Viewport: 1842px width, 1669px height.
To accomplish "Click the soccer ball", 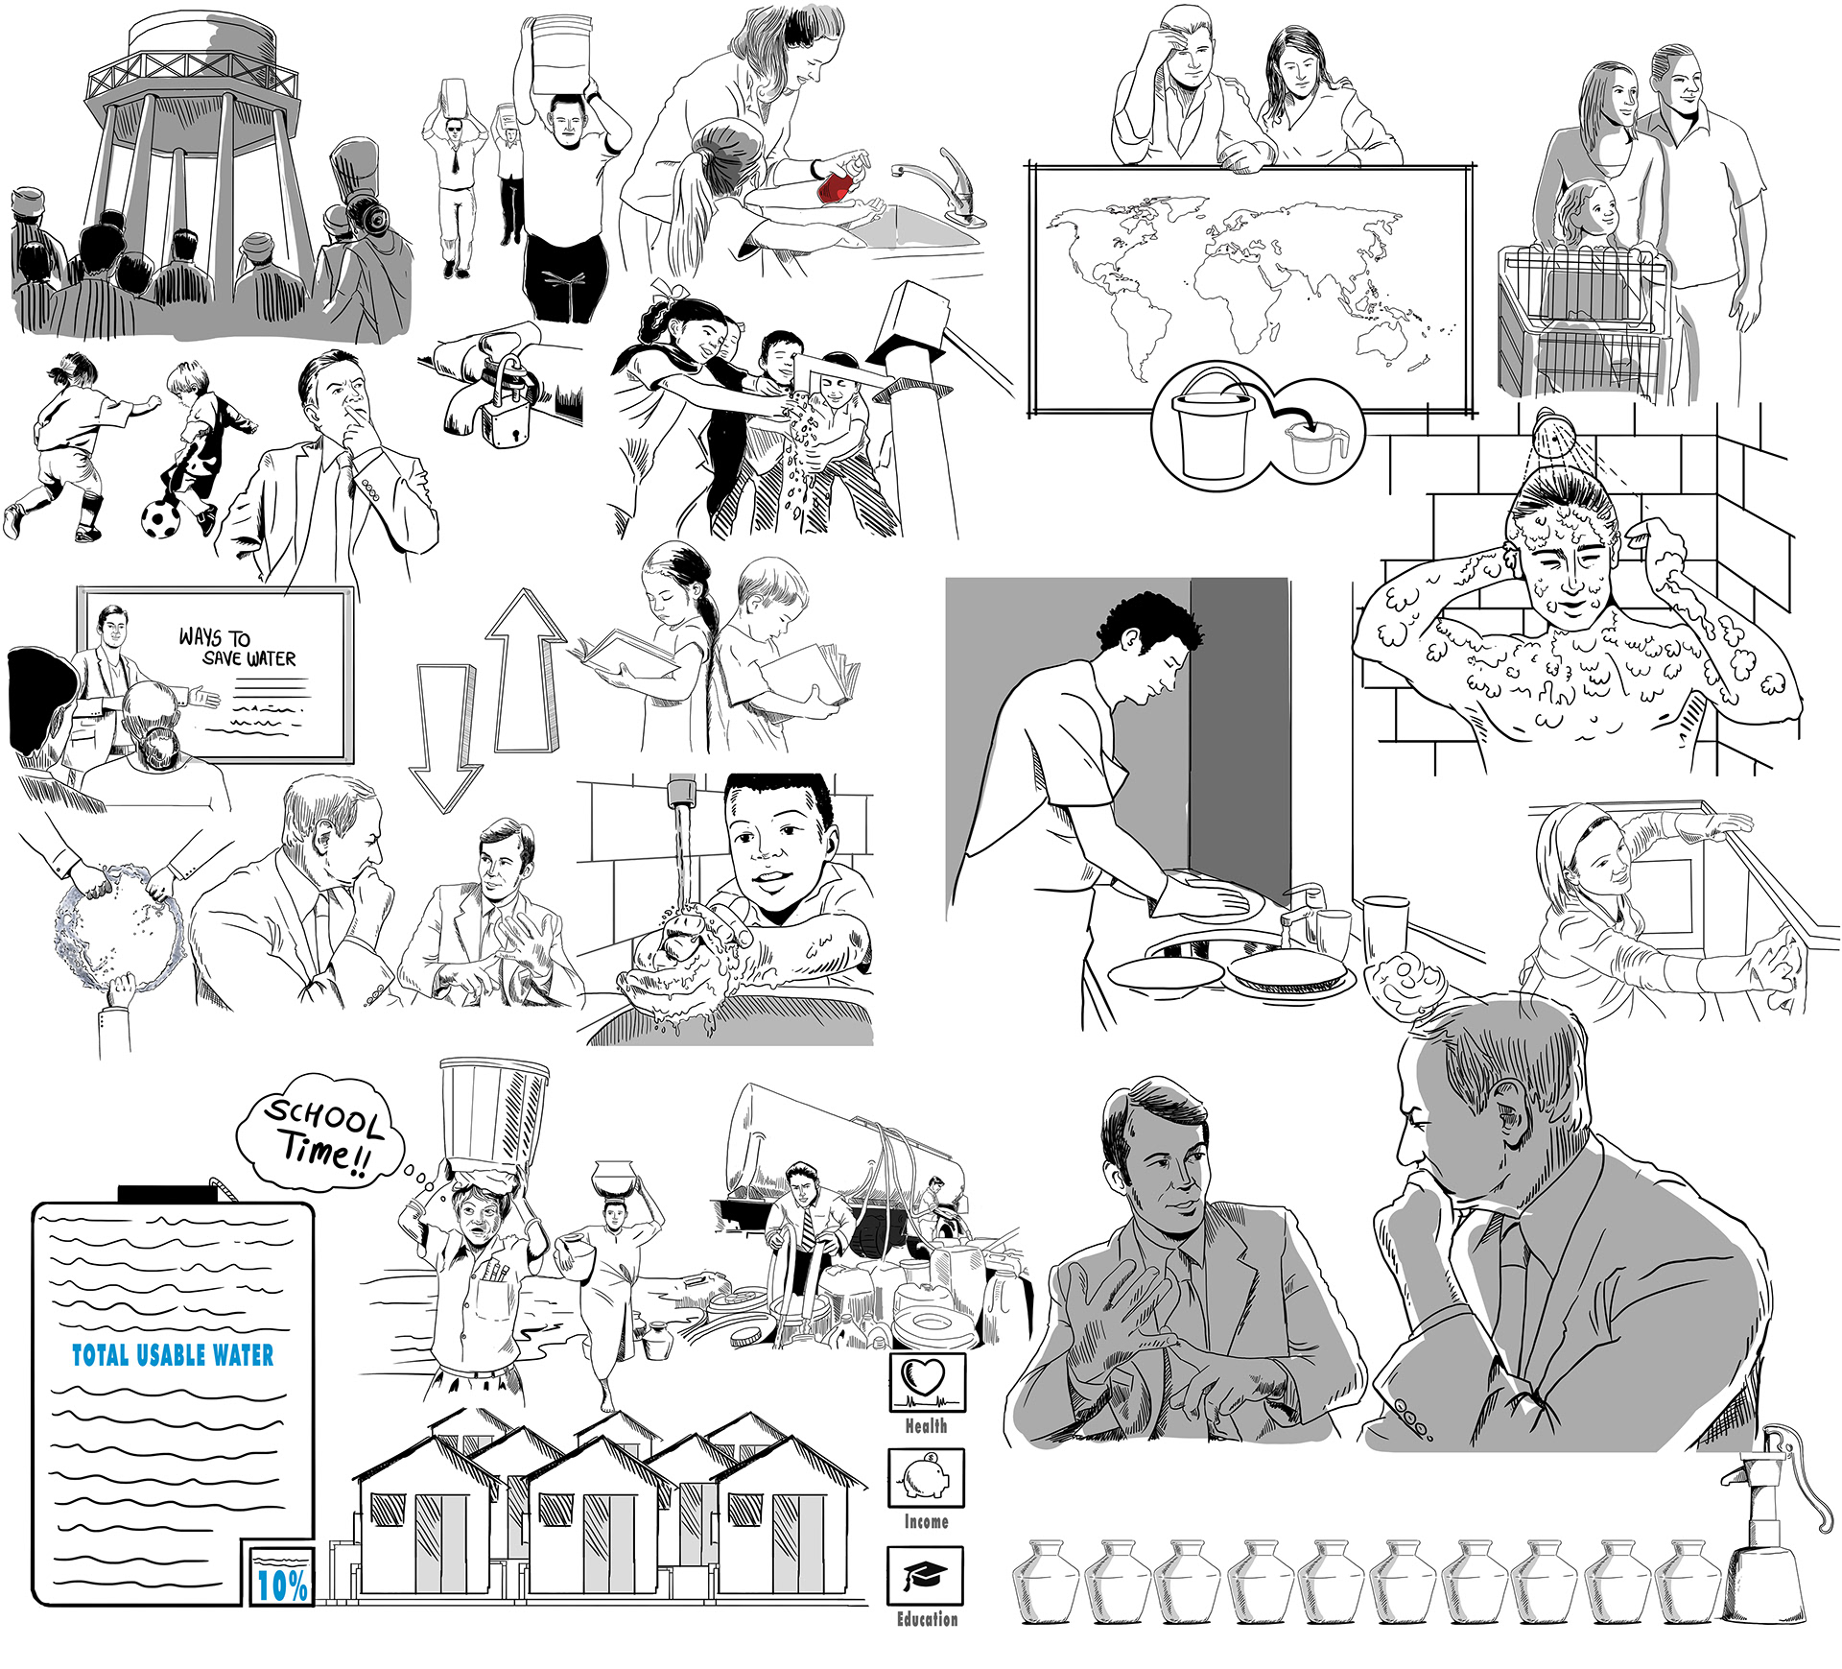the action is pos(159,519).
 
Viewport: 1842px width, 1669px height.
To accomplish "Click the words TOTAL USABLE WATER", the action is pos(174,1354).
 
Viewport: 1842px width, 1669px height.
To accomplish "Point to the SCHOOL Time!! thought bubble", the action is pos(321,1132).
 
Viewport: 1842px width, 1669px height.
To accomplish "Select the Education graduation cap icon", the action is pos(925,1575).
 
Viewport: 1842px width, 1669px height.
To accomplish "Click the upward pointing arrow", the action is pos(525,672).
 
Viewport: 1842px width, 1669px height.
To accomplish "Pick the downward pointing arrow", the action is pos(443,739).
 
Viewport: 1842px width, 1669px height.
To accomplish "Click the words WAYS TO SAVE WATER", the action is pos(237,648).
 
